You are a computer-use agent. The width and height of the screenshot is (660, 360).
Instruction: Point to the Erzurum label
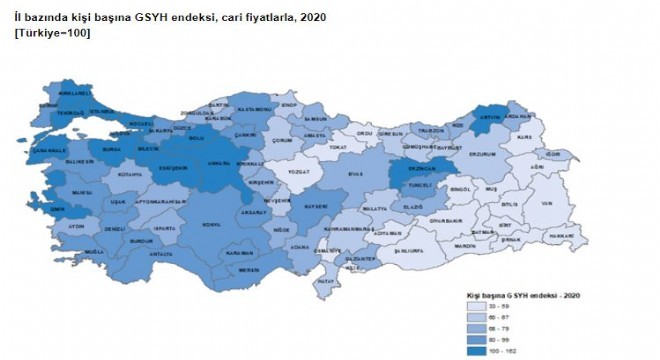click(482, 155)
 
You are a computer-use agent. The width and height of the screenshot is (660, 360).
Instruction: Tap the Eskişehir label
click(177, 168)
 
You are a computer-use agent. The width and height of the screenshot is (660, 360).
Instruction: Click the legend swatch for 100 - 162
click(476, 351)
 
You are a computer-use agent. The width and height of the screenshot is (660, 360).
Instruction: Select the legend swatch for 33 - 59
click(476, 307)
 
